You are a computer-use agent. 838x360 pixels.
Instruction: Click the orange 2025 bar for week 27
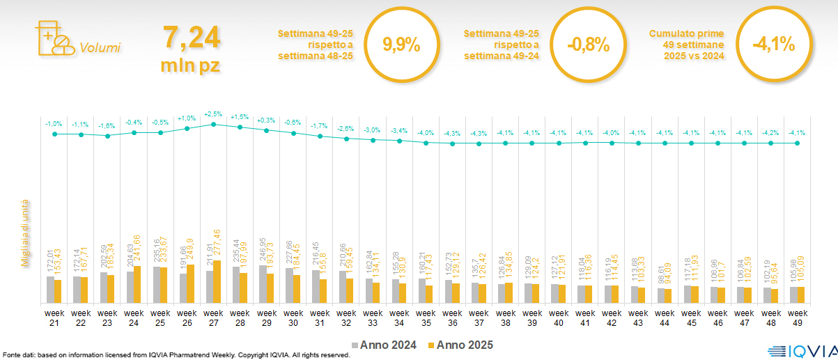pyautogui.click(x=217, y=281)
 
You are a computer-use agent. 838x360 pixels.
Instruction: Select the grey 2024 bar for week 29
pyautogui.click(x=262, y=283)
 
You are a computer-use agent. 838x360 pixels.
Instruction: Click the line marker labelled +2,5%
pyautogui.click(x=213, y=124)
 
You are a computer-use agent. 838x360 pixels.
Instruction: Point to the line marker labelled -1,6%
pyautogui.click(x=107, y=136)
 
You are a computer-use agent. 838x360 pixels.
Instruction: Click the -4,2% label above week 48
pyautogui.click(x=770, y=132)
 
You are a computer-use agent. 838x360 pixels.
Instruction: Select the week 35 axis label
pyautogui.click(x=426, y=318)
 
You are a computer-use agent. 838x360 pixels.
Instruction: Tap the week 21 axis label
pyautogui.click(x=54, y=318)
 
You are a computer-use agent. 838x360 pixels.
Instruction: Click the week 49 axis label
pyautogui.click(x=797, y=318)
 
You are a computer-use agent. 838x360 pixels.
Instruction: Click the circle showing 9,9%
pyautogui.click(x=401, y=46)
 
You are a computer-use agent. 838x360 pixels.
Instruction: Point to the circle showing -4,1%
pyautogui.click(x=773, y=46)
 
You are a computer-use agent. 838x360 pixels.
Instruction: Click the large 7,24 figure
pyautogui.click(x=191, y=37)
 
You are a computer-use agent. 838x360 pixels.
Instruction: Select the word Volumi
pyautogui.click(x=100, y=48)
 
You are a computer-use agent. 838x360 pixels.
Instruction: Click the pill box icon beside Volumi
pyautogui.click(x=54, y=38)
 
